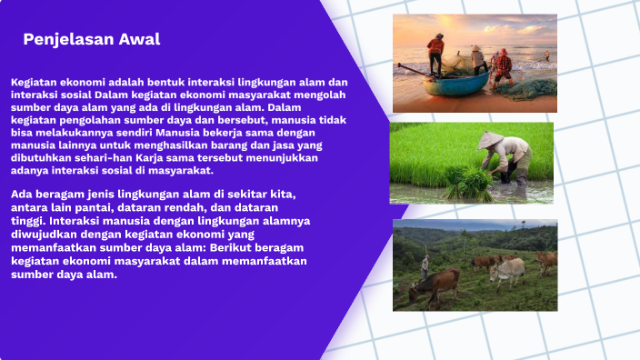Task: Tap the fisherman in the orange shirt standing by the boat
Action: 436,55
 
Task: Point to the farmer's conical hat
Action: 491,140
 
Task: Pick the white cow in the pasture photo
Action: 507,269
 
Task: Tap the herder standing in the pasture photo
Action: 425,265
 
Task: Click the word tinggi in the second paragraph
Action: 27,220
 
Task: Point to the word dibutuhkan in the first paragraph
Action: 41,157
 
